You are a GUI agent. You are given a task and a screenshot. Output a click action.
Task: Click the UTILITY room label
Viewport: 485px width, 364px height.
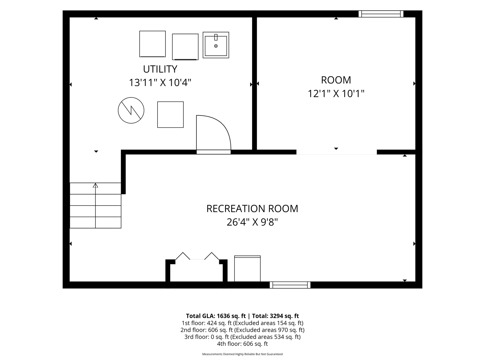coord(160,69)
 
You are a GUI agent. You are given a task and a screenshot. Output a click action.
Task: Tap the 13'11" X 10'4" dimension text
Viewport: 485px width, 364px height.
coord(160,83)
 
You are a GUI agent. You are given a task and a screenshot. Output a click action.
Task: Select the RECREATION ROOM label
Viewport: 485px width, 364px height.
coord(252,209)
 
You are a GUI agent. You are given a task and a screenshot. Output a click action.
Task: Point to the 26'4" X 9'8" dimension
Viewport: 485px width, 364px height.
coord(252,222)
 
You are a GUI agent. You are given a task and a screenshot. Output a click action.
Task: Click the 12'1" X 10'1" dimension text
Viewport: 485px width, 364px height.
coord(336,94)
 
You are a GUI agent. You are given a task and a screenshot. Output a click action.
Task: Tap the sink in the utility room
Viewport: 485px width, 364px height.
coord(216,45)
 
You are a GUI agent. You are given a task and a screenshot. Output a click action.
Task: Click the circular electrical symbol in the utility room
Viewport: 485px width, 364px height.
coord(131,110)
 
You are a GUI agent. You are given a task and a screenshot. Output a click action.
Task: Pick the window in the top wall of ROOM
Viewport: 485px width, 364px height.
coord(381,14)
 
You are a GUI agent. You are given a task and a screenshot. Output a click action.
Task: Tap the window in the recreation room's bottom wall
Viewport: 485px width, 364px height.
coord(290,285)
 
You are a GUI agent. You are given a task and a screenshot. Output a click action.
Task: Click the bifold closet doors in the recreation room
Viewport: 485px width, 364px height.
coord(197,256)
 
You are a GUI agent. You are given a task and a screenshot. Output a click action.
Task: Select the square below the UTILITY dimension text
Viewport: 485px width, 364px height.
coord(171,115)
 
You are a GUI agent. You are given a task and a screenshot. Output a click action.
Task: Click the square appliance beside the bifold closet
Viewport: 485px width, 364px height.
coord(247,269)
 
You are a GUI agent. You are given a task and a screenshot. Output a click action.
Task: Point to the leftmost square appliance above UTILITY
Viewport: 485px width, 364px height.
coord(152,44)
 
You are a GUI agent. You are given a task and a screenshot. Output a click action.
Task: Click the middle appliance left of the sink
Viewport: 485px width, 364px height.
coord(185,47)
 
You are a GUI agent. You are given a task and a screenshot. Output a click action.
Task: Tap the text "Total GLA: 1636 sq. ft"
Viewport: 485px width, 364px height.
coord(216,316)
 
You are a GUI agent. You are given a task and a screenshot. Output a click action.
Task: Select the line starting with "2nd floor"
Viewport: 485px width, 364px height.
coord(242,330)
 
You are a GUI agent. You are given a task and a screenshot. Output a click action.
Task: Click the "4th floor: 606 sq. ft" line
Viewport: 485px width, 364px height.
coord(242,344)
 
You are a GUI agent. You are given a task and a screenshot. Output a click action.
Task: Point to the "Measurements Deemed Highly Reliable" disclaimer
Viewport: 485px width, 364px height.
coord(242,354)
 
